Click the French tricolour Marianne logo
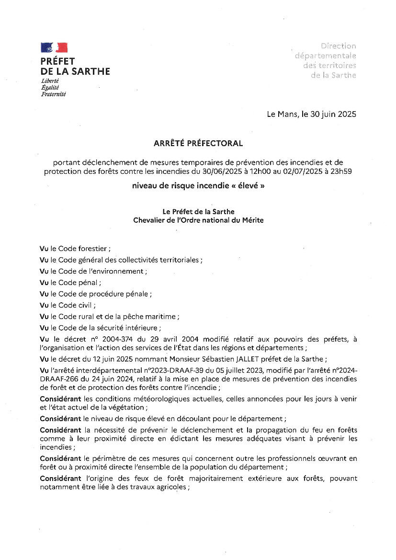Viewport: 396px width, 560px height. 54,47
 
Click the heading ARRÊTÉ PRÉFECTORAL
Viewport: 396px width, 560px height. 198,143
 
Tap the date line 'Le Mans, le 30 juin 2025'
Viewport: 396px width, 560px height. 311,114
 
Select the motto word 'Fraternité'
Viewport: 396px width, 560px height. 53,94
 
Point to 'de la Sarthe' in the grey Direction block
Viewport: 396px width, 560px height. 333,75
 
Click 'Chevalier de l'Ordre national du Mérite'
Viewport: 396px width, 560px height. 198,220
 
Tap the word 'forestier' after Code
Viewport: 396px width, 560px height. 93,249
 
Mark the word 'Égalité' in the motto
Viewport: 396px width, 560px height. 50,88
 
